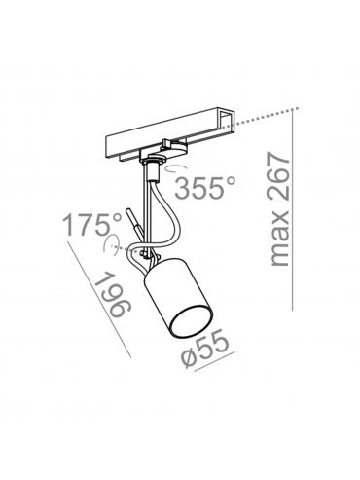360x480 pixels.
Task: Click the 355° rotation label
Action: (x=205, y=188)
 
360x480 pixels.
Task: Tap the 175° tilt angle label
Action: (x=91, y=225)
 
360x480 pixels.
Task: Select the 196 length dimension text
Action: (x=112, y=295)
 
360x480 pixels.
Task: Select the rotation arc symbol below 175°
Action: (x=109, y=245)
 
